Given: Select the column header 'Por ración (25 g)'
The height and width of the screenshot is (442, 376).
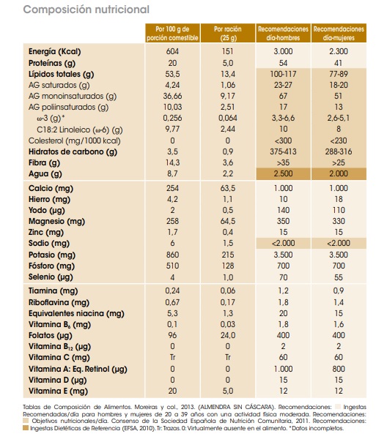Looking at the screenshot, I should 228,31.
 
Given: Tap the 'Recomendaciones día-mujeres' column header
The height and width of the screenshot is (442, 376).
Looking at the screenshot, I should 338,31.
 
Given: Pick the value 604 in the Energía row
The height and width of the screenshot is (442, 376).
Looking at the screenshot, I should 173,52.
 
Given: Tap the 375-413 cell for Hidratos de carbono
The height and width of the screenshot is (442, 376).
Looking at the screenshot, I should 282,151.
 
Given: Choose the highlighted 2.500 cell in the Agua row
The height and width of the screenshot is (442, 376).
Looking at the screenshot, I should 282,173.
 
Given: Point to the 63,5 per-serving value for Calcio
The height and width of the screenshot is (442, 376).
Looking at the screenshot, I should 228,188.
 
